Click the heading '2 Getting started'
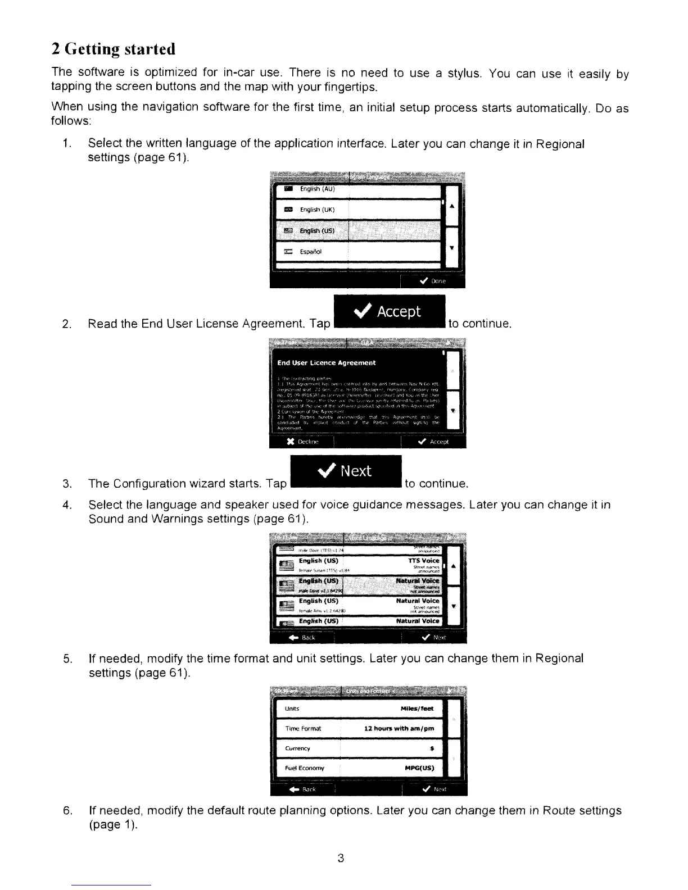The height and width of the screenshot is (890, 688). pyautogui.click(x=114, y=49)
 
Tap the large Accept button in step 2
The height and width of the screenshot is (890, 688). pyautogui.click(x=389, y=311)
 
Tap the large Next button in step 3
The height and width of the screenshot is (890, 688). pyautogui.click(x=345, y=471)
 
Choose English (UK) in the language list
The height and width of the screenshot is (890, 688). pyautogui.click(x=318, y=210)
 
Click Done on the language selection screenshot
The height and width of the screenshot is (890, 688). pyautogui.click(x=433, y=281)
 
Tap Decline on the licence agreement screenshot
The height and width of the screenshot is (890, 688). pyautogui.click(x=303, y=442)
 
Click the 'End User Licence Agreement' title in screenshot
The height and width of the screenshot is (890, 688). pyautogui.click(x=327, y=363)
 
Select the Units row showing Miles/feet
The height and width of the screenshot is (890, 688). pyautogui.click(x=360, y=709)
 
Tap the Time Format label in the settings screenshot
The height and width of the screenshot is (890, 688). pyautogui.click(x=303, y=729)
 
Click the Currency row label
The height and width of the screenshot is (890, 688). pyautogui.click(x=297, y=748)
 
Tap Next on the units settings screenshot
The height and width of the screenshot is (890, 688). pyautogui.click(x=434, y=789)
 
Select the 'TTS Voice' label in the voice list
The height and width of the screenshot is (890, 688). pyautogui.click(x=423, y=561)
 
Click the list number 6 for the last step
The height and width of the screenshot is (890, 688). pyautogui.click(x=67, y=811)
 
